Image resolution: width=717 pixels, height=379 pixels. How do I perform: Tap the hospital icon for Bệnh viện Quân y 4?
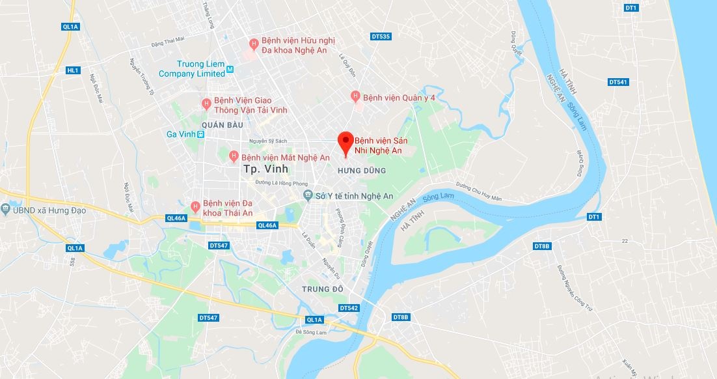(355, 96)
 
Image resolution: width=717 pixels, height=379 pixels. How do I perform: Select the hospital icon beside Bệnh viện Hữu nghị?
(254, 44)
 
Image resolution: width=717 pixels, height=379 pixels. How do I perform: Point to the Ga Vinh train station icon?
(201, 134)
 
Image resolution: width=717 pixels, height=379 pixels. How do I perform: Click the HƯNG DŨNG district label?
(362, 171)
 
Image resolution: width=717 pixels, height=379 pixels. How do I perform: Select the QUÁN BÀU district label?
(222, 124)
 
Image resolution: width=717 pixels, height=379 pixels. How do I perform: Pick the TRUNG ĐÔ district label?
(322, 287)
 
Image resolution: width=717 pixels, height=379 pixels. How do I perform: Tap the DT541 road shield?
(618, 82)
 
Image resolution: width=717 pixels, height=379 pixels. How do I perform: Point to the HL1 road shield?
(72, 70)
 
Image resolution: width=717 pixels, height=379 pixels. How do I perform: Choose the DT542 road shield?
(349, 307)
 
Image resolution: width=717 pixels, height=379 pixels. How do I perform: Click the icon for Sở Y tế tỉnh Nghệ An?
(308, 195)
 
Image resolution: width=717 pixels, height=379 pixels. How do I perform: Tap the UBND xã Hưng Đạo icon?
(6, 210)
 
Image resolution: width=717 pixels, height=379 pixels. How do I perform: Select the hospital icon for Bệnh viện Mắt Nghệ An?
(234, 157)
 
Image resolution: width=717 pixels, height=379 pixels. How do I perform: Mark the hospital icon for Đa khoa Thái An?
(195, 206)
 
